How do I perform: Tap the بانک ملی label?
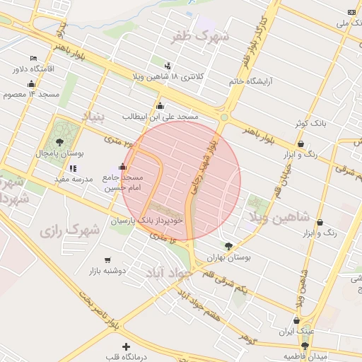click(x=352, y=23)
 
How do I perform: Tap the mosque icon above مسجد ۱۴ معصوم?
click(x=31, y=83)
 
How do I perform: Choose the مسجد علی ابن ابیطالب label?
click(x=160, y=116)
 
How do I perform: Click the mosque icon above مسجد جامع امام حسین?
click(x=124, y=167)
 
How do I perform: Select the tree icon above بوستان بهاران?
click(x=228, y=246)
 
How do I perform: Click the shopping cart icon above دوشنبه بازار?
click(x=107, y=259)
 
